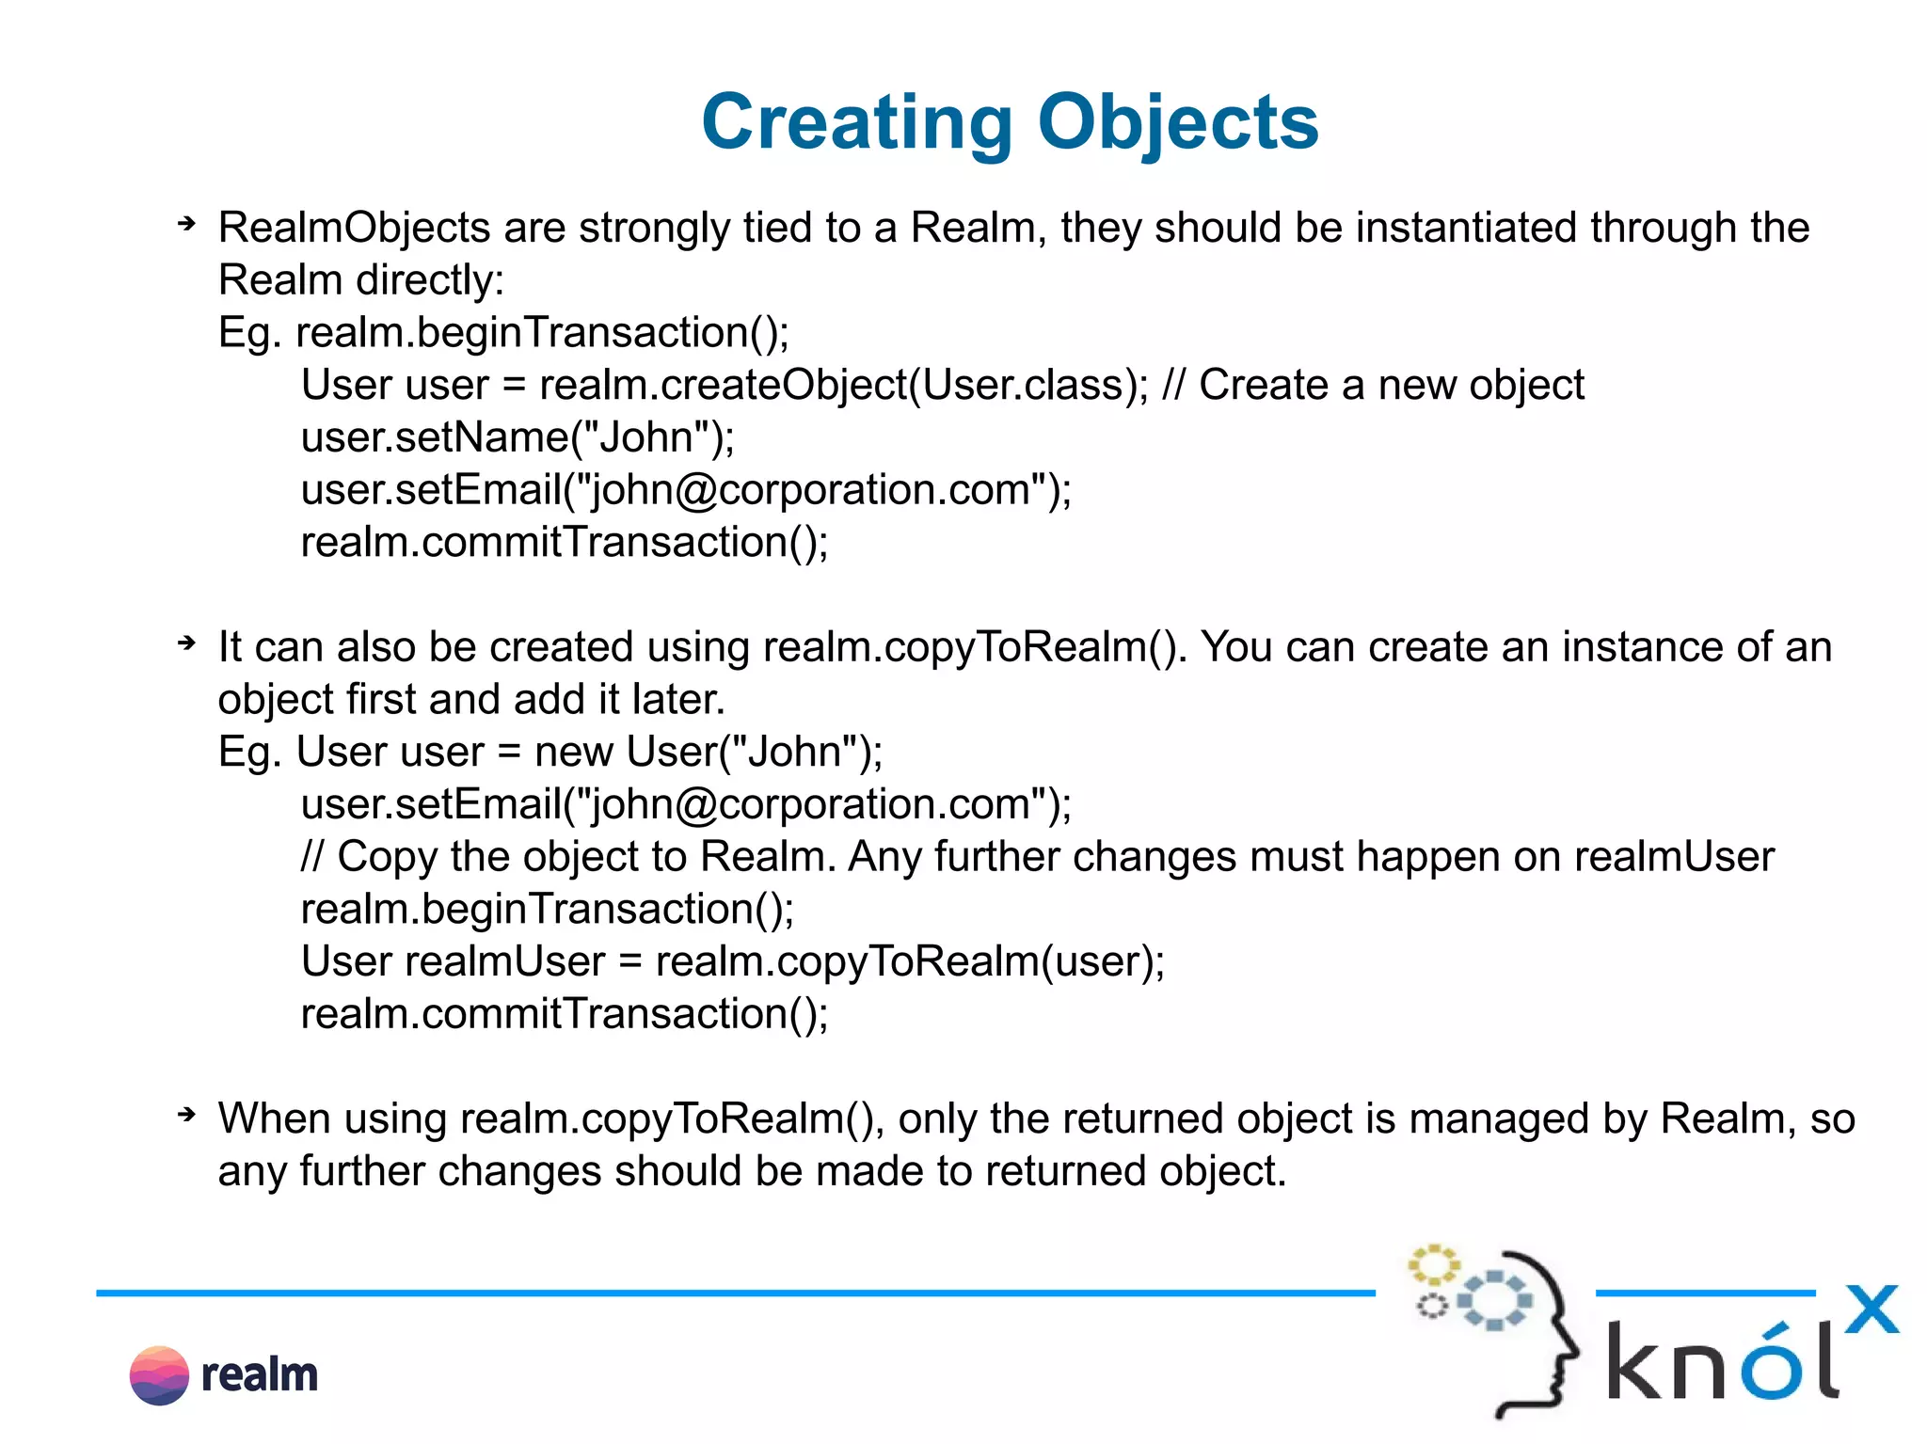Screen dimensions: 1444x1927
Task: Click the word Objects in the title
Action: (1178, 122)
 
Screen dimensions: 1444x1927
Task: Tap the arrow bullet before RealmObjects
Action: (186, 224)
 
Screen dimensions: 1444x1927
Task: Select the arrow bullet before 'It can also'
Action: (186, 643)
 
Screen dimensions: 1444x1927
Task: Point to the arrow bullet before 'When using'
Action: (186, 1115)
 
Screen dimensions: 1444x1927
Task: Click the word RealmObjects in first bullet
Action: (354, 229)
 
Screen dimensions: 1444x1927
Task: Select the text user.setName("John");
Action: (518, 438)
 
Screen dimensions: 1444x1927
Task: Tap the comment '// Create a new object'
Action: (1374, 386)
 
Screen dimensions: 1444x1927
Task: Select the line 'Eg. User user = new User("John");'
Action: (550, 753)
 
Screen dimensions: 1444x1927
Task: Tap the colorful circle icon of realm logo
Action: (159, 1375)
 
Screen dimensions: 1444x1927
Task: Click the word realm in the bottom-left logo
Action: (260, 1375)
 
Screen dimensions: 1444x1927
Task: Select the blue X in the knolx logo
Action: (1871, 1309)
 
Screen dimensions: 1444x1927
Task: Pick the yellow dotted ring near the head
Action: (1432, 1265)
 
